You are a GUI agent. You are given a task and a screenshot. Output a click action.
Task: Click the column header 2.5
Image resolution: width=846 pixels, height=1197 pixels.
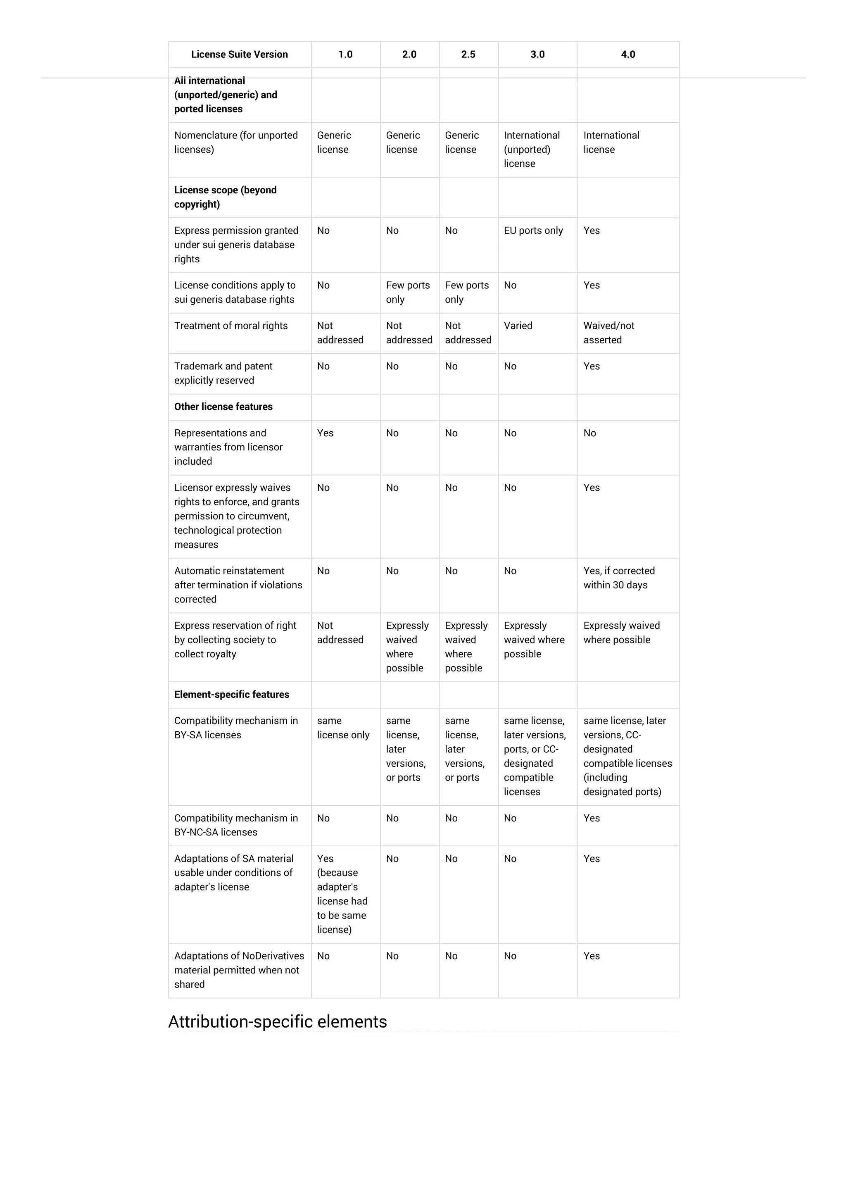(468, 54)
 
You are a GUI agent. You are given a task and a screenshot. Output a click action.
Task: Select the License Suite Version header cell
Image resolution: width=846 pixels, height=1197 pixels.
(239, 54)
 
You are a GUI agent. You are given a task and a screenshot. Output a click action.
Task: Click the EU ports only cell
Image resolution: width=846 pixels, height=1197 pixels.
(533, 231)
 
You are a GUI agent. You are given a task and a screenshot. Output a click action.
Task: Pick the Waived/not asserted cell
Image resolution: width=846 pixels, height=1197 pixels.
(609, 333)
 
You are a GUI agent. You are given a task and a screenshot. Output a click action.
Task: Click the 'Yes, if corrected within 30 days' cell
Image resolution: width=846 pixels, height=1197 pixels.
(619, 578)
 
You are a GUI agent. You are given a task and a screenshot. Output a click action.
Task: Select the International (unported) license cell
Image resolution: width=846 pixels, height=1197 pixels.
(531, 149)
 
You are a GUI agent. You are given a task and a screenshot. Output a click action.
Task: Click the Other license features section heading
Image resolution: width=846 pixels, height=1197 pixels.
(223, 407)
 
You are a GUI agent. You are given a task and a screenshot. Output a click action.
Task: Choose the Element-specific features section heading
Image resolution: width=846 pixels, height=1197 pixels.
(231, 695)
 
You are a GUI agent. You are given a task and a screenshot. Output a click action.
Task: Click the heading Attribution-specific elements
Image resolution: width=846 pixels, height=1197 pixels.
(277, 1021)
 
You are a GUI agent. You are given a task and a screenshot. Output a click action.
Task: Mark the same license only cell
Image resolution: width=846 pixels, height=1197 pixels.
(343, 728)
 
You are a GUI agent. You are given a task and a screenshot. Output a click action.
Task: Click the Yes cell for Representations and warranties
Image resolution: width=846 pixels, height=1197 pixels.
(325, 433)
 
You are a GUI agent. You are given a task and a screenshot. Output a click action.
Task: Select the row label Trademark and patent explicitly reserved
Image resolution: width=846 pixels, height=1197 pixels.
(223, 373)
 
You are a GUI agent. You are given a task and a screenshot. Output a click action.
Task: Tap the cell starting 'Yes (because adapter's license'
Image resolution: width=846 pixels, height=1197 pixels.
(342, 894)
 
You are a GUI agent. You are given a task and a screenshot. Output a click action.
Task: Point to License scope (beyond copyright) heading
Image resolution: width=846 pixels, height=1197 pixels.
(225, 197)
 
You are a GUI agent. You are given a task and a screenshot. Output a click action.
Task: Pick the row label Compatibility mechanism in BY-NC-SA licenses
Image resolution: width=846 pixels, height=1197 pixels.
(235, 825)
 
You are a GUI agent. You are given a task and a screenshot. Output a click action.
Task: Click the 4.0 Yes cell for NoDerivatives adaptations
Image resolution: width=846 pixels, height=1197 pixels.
(592, 956)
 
